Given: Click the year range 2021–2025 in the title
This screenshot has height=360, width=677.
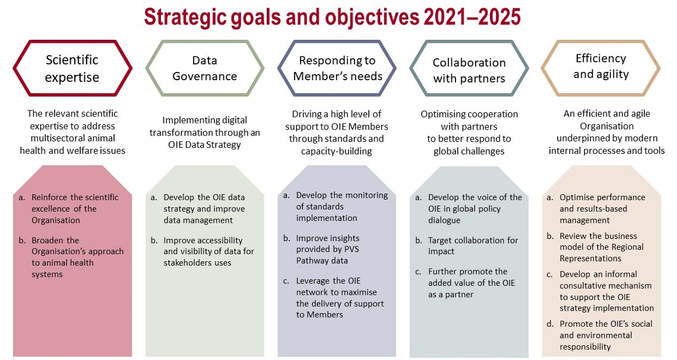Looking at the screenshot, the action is click(x=472, y=17).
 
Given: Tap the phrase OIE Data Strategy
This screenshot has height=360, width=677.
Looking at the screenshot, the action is click(x=204, y=144).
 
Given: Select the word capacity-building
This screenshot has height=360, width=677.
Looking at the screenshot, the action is click(x=336, y=151).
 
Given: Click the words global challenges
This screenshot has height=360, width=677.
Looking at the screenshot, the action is click(x=469, y=151).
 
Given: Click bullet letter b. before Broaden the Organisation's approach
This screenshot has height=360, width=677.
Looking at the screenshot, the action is click(x=22, y=240).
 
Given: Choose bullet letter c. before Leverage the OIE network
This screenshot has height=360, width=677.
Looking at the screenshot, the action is click(x=286, y=281).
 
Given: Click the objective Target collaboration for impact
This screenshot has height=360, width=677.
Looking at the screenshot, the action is click(x=473, y=245).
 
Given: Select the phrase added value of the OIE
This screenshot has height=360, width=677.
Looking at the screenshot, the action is click(x=472, y=283).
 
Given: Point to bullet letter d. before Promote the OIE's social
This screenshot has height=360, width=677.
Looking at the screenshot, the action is click(x=550, y=324).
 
